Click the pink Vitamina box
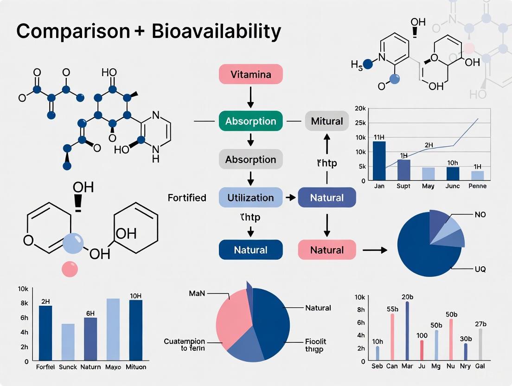250,74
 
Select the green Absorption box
250,122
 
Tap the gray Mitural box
327,122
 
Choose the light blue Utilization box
250,198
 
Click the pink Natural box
326,250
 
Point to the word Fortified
187,198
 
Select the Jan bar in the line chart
379,161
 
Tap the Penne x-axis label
477,186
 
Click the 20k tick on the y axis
360,108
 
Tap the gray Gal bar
480,344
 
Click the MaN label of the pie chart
197,293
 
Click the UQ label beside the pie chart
480,269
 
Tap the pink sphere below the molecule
70,269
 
